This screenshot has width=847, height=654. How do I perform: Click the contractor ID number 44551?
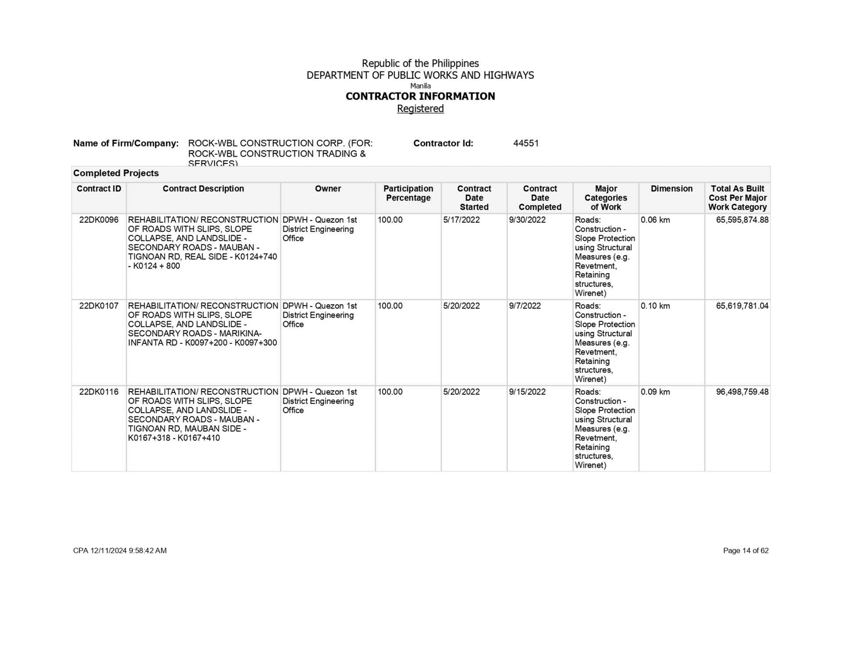point(526,143)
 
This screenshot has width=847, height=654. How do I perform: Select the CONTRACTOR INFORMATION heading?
point(420,96)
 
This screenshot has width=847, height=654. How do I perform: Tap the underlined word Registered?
point(420,108)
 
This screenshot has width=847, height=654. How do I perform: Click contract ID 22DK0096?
point(99,220)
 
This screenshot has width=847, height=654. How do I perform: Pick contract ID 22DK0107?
point(99,306)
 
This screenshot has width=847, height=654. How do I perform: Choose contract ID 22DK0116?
point(99,392)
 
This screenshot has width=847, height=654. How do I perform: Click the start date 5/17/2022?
point(462,220)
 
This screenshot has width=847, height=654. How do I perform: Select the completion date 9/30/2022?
point(527,220)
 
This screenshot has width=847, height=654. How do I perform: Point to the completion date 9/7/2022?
point(525,306)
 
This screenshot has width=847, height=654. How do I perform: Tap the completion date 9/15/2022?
point(527,392)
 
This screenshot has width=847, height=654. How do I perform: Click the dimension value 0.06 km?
point(655,220)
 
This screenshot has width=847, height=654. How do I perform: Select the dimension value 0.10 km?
point(655,306)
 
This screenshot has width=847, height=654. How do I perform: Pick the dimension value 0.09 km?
point(655,392)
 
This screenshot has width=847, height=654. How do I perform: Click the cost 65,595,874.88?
point(742,220)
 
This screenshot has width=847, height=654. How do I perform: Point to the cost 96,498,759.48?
point(742,392)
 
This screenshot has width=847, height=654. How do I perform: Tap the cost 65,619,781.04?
point(742,306)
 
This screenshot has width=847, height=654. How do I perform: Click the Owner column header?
point(328,189)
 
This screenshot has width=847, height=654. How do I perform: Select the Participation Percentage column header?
point(408,193)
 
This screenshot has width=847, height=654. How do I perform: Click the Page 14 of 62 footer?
point(745,551)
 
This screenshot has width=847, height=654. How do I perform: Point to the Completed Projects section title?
point(116,174)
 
